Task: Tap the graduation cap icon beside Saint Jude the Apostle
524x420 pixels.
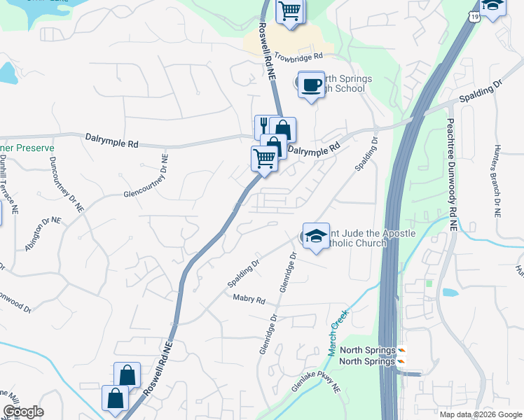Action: tap(316, 236)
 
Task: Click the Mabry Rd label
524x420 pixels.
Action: tap(249, 300)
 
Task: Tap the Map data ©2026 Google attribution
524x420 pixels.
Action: tap(481, 414)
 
